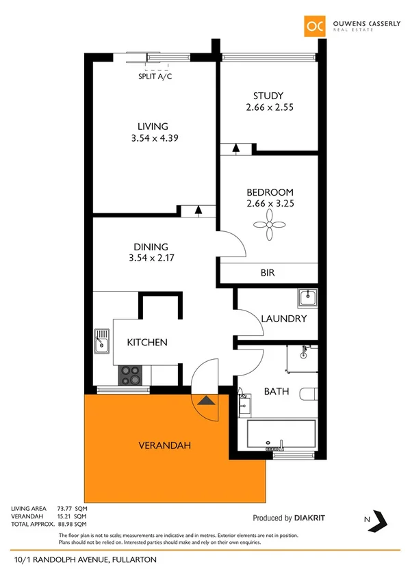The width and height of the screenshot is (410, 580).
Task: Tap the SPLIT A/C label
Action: pyautogui.click(x=155, y=77)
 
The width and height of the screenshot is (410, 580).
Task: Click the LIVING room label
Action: pyautogui.click(x=152, y=126)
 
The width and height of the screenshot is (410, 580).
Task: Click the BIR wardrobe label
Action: pyautogui.click(x=268, y=272)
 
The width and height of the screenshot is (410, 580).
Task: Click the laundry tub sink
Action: pyautogui.click(x=307, y=298)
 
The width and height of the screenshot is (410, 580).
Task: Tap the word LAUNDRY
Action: pyautogui.click(x=283, y=319)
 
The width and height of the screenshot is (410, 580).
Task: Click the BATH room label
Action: pyautogui.click(x=276, y=392)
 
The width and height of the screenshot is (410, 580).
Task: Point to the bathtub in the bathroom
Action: pyautogui.click(x=281, y=434)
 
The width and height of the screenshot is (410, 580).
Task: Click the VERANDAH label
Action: pyautogui.click(x=164, y=445)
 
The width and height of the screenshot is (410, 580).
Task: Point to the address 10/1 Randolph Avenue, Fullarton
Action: pyautogui.click(x=86, y=559)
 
